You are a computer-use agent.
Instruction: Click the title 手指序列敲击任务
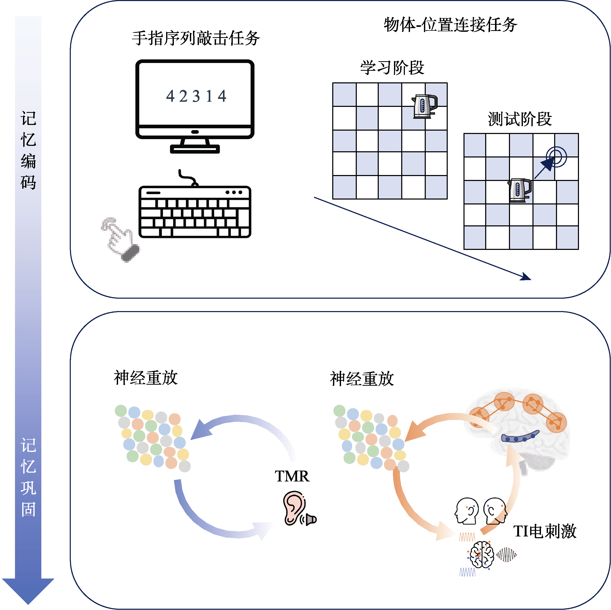[196, 38]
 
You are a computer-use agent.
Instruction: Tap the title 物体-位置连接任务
[450, 25]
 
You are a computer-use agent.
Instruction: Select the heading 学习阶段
[392, 67]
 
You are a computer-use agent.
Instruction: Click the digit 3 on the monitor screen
[196, 96]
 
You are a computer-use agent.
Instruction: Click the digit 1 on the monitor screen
[209, 96]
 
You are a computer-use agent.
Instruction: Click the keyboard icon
[195, 212]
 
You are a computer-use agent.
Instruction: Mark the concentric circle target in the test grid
[556, 157]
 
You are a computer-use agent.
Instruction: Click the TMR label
[292, 476]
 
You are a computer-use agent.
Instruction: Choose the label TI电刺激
[545, 531]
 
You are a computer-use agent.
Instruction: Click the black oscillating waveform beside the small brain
[506, 555]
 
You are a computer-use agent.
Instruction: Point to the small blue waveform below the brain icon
[467, 572]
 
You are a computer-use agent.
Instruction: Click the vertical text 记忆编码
[28, 150]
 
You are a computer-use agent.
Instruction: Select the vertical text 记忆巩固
[28, 477]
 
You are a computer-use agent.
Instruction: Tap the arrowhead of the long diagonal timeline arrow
[527, 278]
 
